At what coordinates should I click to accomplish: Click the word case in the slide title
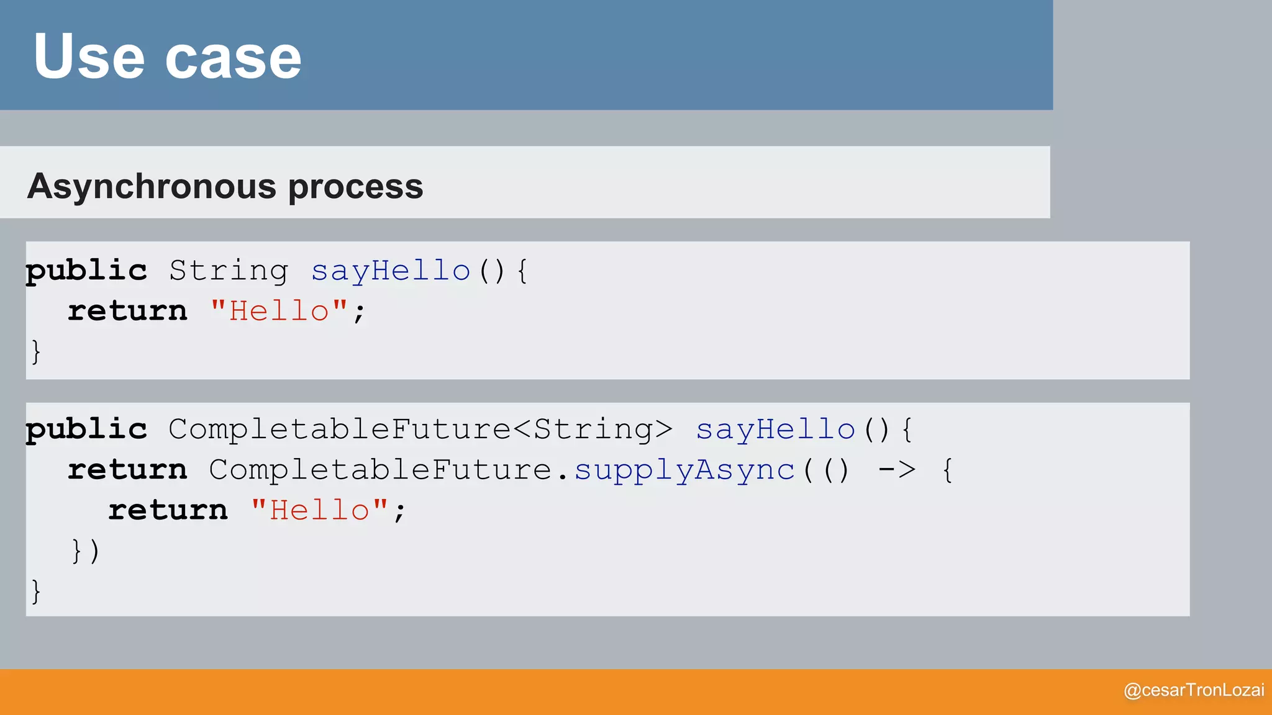click(233, 58)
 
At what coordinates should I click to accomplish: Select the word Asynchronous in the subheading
click(152, 186)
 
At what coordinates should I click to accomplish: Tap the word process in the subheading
click(355, 186)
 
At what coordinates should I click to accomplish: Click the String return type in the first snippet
click(229, 271)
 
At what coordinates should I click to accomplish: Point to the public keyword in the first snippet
click(86, 271)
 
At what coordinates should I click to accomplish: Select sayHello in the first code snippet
click(391, 271)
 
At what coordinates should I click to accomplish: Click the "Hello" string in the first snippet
click(279, 310)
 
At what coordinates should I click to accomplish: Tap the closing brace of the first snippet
click(36, 351)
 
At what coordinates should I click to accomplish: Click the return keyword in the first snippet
click(127, 310)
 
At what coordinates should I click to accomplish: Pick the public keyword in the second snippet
click(86, 429)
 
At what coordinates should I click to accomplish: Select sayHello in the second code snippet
click(775, 429)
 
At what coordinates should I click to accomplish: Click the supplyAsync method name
click(684, 470)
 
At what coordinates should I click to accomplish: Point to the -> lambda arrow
click(897, 470)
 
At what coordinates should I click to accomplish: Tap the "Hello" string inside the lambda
click(320, 510)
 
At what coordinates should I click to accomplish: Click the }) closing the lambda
click(86, 551)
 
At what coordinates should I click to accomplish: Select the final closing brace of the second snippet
click(36, 591)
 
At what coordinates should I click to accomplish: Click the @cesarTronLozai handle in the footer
click(1194, 690)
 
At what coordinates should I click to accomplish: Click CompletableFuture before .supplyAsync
click(380, 470)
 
